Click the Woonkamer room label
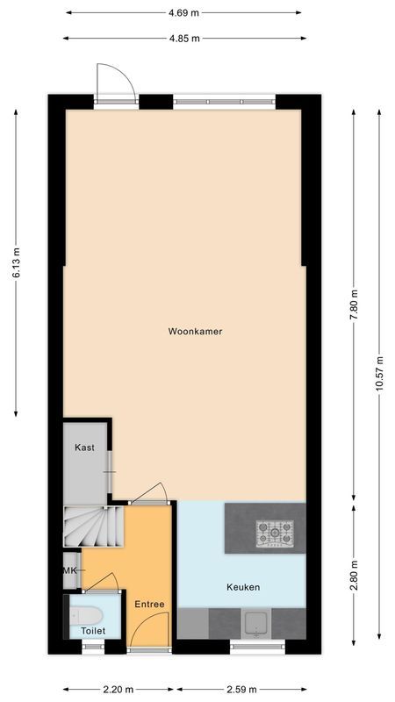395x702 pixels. [x=195, y=332]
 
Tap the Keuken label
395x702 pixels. [x=243, y=587]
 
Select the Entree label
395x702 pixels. [x=149, y=605]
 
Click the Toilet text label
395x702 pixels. [x=93, y=631]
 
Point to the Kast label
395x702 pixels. [x=84, y=448]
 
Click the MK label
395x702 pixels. [x=69, y=570]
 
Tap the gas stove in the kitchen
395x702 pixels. [x=275, y=532]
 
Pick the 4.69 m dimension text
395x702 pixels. [x=184, y=13]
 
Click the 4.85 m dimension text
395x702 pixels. [x=184, y=38]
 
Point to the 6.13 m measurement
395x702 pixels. [x=16, y=262]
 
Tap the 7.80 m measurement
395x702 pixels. [x=355, y=304]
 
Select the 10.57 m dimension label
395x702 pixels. [x=379, y=375]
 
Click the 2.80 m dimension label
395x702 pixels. [x=355, y=574]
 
